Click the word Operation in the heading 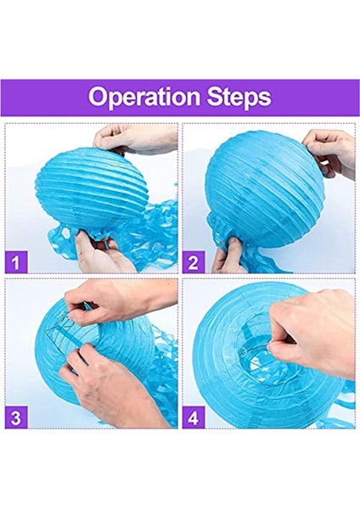pyautogui.click(x=144, y=97)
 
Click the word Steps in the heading pyautogui.click(x=239, y=97)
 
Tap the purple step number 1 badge pyautogui.click(x=16, y=261)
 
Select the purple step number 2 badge pyautogui.click(x=194, y=261)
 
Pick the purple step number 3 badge pyautogui.click(x=16, y=417)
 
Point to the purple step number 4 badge pyautogui.click(x=194, y=417)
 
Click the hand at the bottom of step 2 pyautogui.click(x=229, y=256)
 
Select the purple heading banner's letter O pyautogui.click(x=98, y=97)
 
